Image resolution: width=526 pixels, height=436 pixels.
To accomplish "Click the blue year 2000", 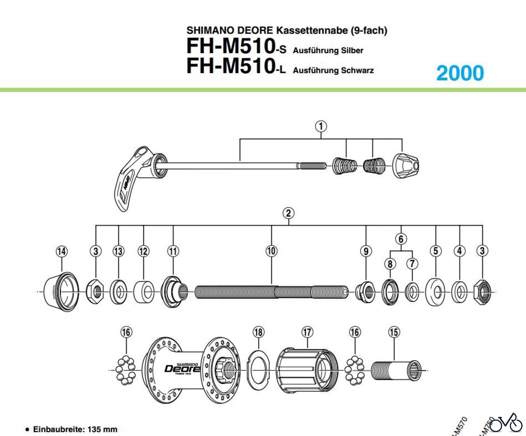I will click(460, 73).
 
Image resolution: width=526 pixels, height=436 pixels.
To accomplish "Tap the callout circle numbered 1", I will click(321, 127).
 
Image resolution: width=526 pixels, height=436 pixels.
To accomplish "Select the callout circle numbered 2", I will click(288, 213).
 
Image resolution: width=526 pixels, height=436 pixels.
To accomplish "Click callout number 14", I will click(61, 251).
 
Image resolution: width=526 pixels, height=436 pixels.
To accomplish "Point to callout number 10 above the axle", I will click(271, 251).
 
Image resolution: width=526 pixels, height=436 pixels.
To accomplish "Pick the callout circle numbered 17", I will click(307, 332).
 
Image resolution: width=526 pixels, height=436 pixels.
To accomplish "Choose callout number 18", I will click(258, 332).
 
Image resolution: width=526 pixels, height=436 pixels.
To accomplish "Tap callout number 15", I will click(394, 332).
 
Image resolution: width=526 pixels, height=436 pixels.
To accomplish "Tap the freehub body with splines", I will click(307, 371).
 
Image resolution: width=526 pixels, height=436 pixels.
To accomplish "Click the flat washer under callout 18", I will click(258, 371).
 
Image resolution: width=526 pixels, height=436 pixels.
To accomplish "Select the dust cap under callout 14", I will click(61, 292).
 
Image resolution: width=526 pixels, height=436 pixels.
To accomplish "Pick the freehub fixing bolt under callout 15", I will click(396, 371).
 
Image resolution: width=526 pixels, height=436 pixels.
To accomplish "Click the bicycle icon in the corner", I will click(506, 423).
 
